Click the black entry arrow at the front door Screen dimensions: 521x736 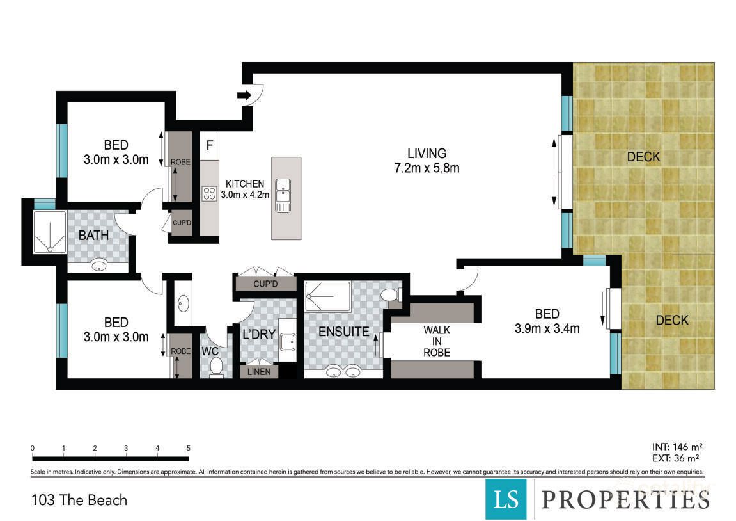(x=244, y=95)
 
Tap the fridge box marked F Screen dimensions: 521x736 (x=209, y=145)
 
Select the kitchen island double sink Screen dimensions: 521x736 (x=283, y=196)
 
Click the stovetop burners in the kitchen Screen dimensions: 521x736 (x=209, y=193)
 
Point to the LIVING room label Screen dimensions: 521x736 (x=427, y=154)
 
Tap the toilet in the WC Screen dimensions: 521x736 (x=215, y=367)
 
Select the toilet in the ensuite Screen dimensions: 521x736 (x=389, y=295)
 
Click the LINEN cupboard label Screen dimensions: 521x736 (x=258, y=371)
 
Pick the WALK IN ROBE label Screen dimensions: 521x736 (x=437, y=341)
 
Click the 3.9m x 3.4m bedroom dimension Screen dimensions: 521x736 (x=547, y=329)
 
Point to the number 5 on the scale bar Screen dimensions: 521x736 (x=188, y=448)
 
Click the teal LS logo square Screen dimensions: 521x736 (x=506, y=499)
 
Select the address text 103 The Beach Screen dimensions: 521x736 (x=79, y=500)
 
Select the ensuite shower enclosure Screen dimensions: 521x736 (x=327, y=296)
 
